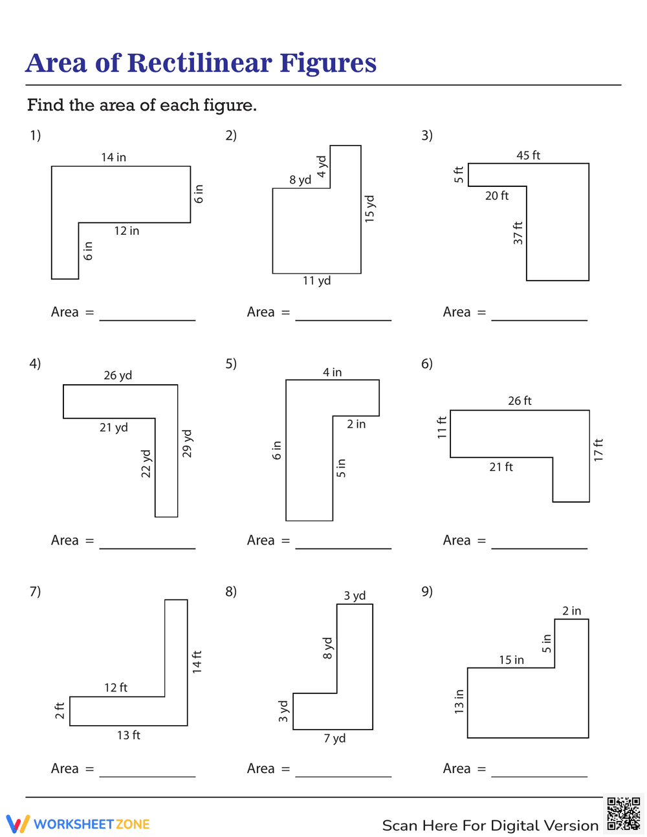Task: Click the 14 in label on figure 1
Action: click(113, 157)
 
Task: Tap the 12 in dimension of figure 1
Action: click(126, 231)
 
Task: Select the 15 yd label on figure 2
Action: click(370, 209)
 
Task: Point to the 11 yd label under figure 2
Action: click(316, 281)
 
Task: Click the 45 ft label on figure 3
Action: click(528, 155)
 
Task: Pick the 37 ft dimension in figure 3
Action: click(518, 233)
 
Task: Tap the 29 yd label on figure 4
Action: click(188, 444)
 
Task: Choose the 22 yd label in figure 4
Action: click(146, 464)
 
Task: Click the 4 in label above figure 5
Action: click(332, 373)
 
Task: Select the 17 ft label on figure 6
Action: click(598, 450)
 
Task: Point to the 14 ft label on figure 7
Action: click(197, 662)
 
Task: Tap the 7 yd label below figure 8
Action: click(334, 738)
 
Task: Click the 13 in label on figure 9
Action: click(459, 702)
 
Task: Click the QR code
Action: click(623, 814)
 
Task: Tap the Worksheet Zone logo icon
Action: click(17, 823)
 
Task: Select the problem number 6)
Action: click(427, 364)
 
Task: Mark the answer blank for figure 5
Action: click(343, 547)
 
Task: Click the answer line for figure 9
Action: click(539, 775)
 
